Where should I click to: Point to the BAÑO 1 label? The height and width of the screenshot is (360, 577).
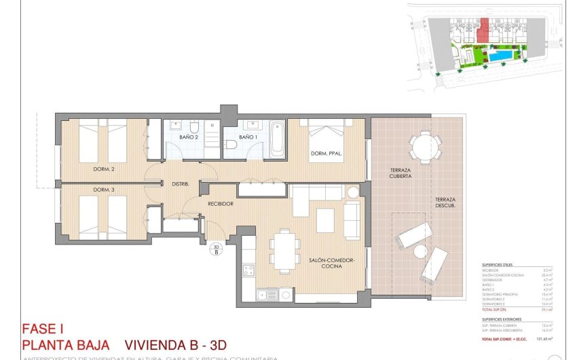pos(248,137)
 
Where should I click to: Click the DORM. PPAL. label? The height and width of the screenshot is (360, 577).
pos(326,154)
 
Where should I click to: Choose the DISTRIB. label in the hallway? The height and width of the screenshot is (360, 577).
pos(180,184)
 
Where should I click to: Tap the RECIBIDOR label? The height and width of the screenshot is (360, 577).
pos(221,204)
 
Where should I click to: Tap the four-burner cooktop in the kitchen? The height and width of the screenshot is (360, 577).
pos(248,270)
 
